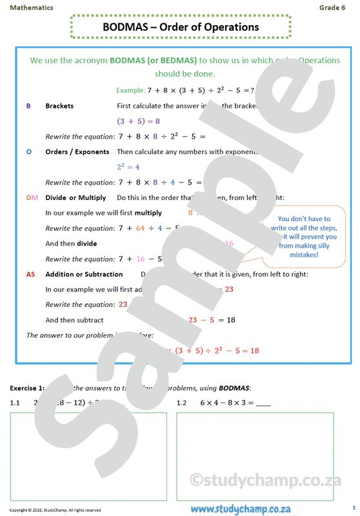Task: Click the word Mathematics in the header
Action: (32, 7)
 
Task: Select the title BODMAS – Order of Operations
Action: (181, 27)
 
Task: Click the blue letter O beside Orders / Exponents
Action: (28, 152)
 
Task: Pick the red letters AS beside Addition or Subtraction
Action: (30, 274)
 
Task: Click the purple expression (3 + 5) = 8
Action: (138, 121)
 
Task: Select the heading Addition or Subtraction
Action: (84, 274)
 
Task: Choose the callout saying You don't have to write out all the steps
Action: (304, 237)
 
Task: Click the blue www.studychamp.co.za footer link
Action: (240, 508)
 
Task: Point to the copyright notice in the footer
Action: (55, 510)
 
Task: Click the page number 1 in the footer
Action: (354, 508)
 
